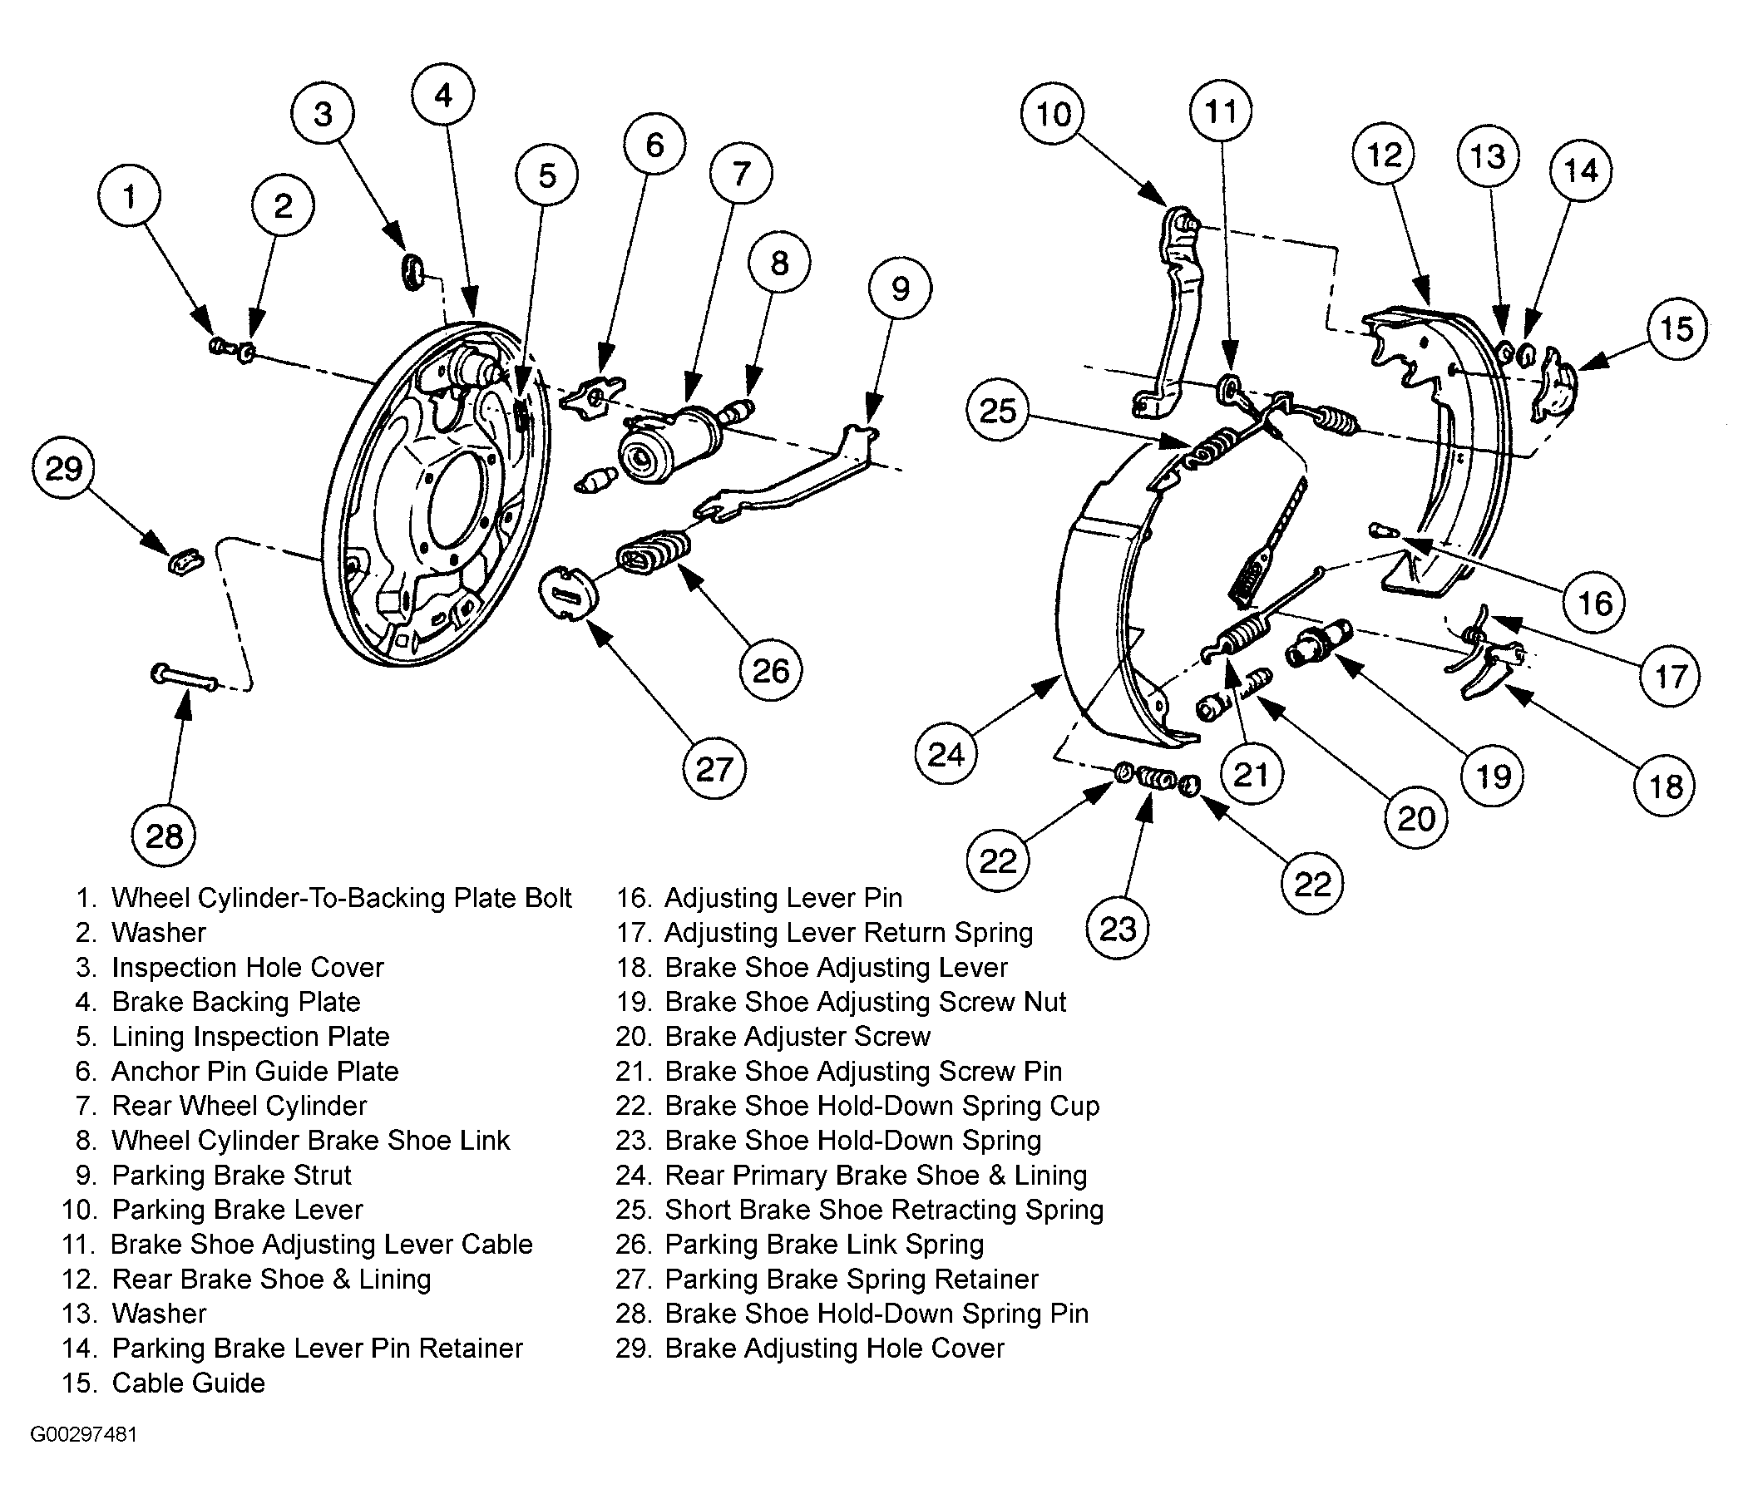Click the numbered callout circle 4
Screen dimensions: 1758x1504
pyautogui.click(x=443, y=95)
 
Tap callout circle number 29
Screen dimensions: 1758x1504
pyautogui.click(x=64, y=468)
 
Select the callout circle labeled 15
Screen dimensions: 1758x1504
pyautogui.click(x=1677, y=328)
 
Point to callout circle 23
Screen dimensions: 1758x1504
pyautogui.click(x=1118, y=928)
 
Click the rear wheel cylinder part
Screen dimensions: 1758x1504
pyautogui.click(x=670, y=442)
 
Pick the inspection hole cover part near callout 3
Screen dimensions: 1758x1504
pyautogui.click(x=412, y=269)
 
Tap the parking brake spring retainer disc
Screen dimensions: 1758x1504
pyautogui.click(x=570, y=592)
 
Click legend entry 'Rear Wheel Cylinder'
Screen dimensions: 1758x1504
pyautogui.click(x=239, y=1105)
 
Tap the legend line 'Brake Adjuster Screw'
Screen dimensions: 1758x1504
pyautogui.click(x=798, y=1036)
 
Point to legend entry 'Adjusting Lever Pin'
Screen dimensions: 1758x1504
pyautogui.click(x=783, y=897)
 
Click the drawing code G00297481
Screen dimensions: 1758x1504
pyautogui.click(x=83, y=1434)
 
